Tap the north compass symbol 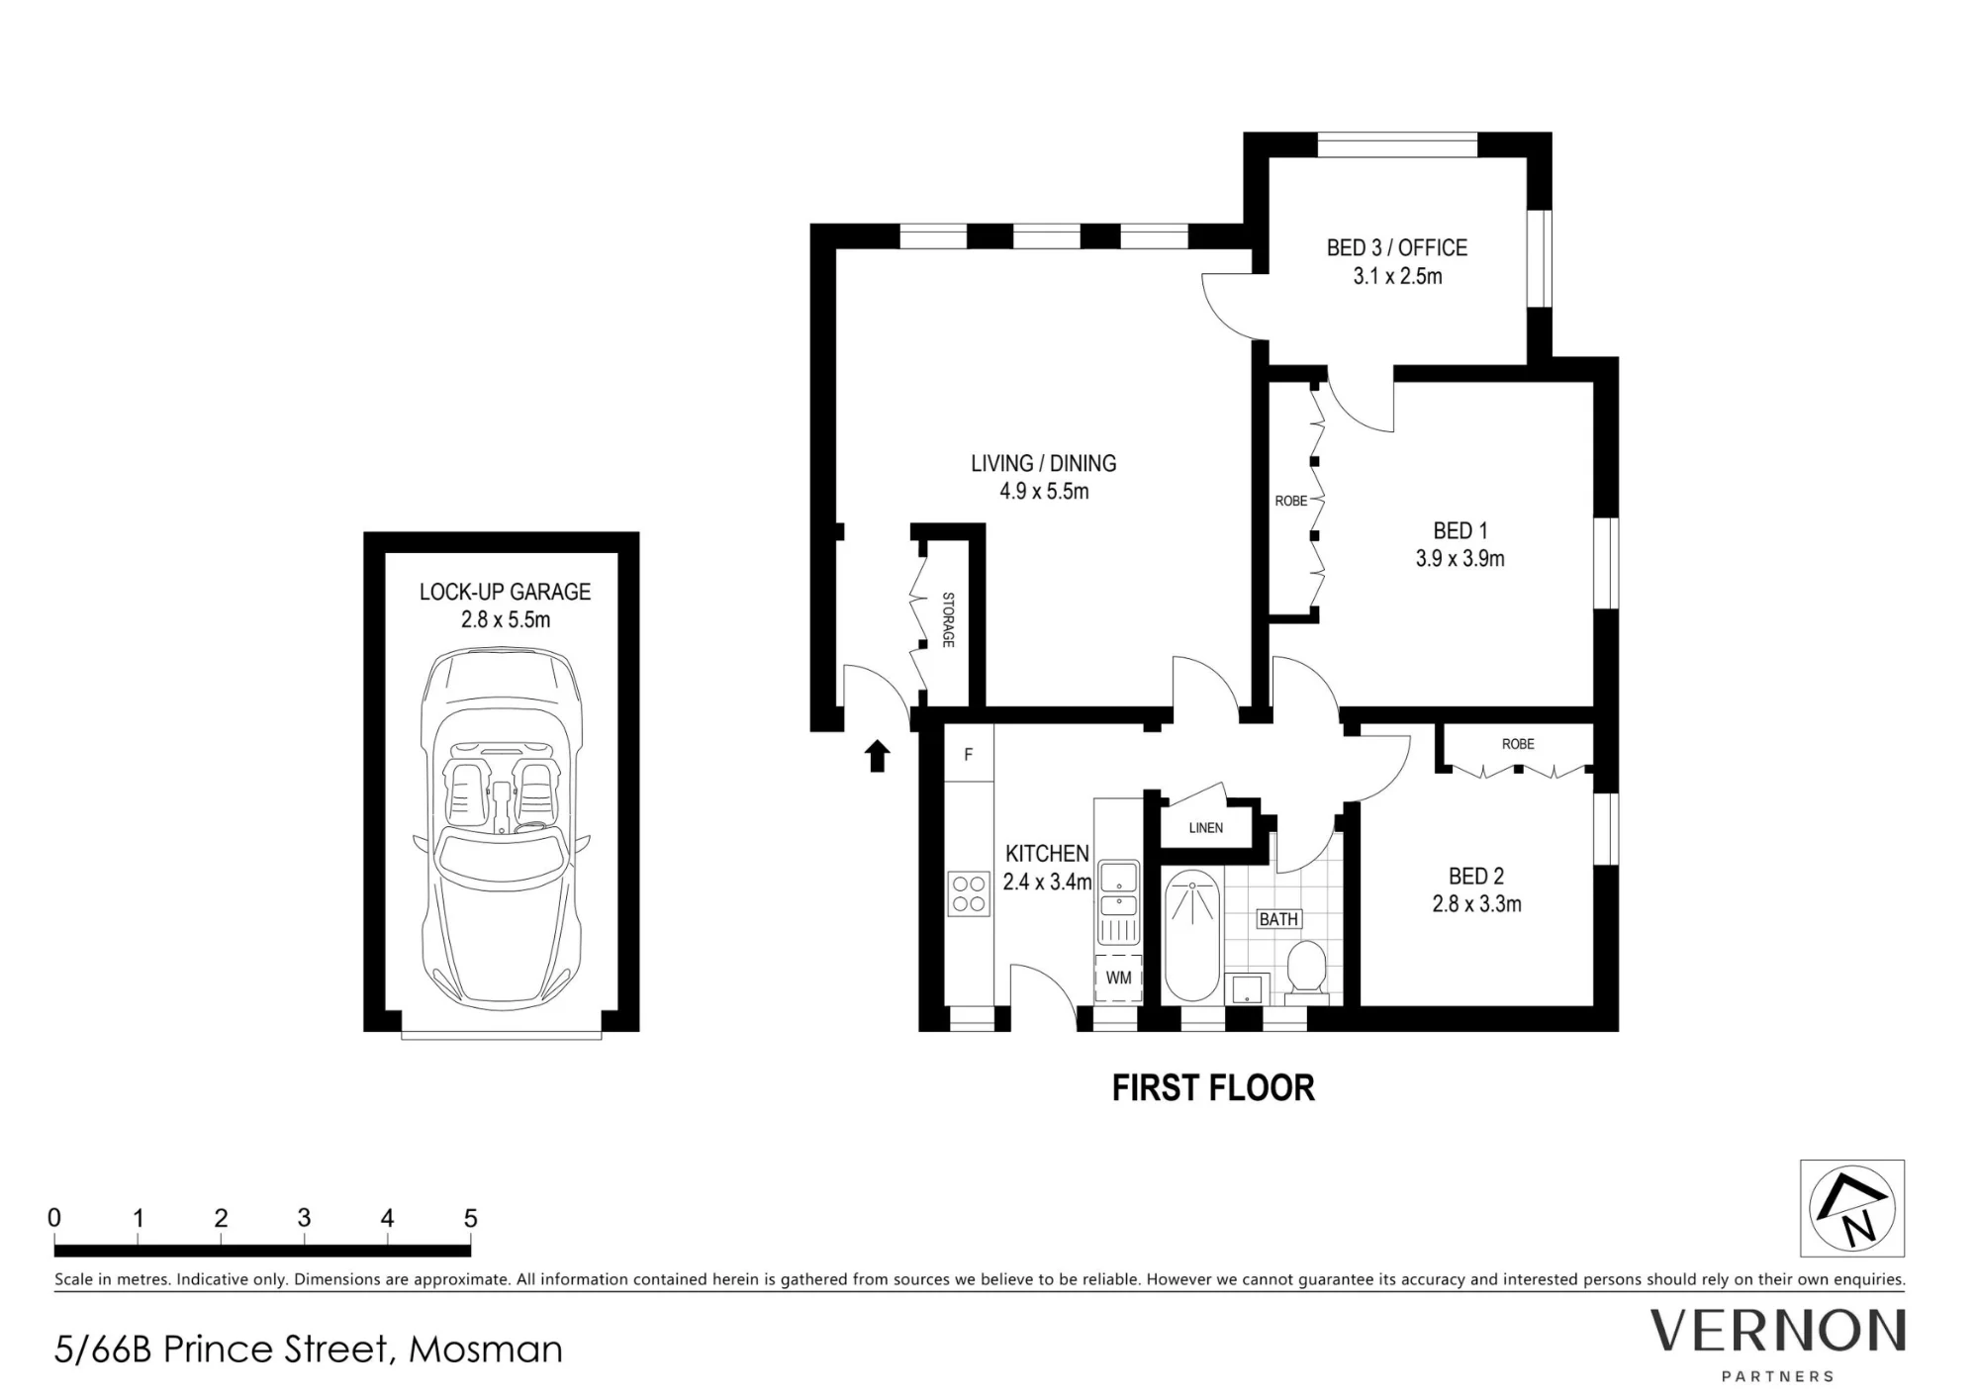(1851, 1208)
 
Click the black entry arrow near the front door (878, 755)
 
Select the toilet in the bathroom (1305, 967)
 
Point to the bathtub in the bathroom (1191, 935)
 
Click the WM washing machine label (1118, 978)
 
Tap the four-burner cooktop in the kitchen (969, 893)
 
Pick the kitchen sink (1119, 901)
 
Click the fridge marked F (969, 754)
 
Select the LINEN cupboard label (1205, 827)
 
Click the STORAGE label (947, 619)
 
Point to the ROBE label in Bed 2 (1518, 743)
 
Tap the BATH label (1278, 919)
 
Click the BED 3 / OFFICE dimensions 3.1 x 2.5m (1397, 276)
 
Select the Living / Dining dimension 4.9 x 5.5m (1044, 491)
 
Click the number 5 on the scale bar (470, 1218)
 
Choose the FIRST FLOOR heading (1213, 1088)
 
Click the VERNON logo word (1777, 1331)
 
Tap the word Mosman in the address (486, 1350)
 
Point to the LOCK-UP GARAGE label (505, 592)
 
